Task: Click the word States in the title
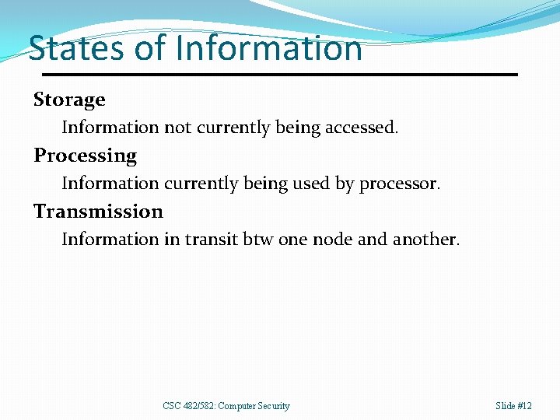76,48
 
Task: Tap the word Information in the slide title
269,48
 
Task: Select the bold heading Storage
69,100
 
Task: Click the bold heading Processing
85,156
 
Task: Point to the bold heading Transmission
98,212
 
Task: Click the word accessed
360,128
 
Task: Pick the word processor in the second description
399,184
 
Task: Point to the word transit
209,240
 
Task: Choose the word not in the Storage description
177,128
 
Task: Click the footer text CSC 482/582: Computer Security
226,406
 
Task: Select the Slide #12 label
513,406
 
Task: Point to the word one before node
292,240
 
